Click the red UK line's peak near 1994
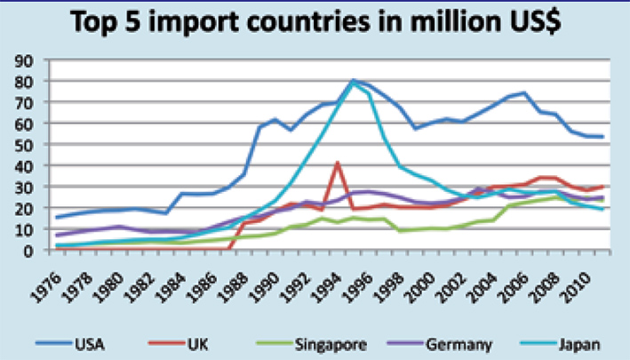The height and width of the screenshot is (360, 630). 338,163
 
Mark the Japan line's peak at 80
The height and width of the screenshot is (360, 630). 354,81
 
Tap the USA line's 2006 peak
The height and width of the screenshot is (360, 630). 525,92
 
